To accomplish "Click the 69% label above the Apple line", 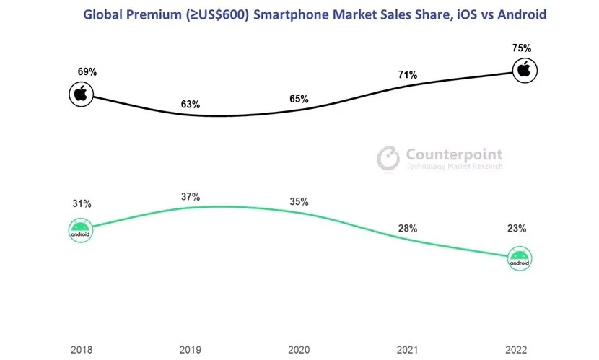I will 87,73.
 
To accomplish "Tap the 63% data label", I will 191,105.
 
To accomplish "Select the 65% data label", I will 299,98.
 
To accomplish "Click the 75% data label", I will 522,48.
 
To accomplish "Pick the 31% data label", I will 81,203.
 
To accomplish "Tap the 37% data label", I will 191,197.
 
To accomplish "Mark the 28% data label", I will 408,229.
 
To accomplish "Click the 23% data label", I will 516,229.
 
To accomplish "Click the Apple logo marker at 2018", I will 82,94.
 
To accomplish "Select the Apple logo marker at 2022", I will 525,70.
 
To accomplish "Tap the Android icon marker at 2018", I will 81,229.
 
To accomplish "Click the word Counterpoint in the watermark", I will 454,154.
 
